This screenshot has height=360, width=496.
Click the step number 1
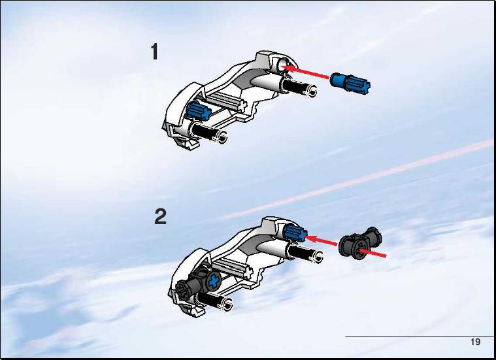[154, 52]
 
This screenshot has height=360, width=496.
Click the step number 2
[160, 217]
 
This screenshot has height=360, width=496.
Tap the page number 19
[475, 342]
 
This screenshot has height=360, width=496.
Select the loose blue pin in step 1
[350, 83]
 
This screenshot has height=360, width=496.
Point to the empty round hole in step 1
[282, 66]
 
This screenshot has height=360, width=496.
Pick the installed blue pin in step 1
[198, 110]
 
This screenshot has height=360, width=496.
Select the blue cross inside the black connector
[214, 281]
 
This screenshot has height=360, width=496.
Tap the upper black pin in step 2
[305, 252]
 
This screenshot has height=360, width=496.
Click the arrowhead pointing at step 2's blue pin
[310, 238]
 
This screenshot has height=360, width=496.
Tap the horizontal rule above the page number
[420, 336]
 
